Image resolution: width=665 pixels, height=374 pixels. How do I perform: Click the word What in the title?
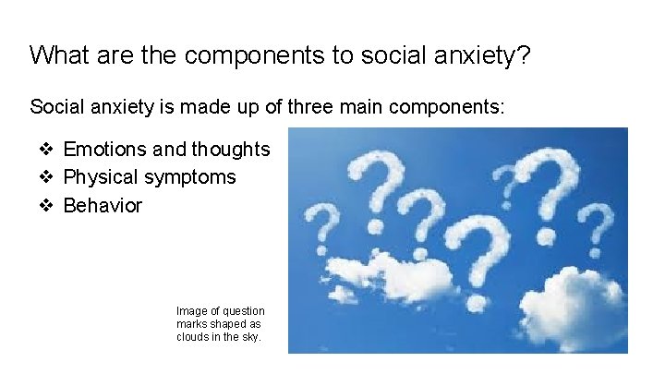click(x=58, y=54)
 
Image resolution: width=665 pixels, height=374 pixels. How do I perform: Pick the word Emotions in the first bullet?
click(x=104, y=149)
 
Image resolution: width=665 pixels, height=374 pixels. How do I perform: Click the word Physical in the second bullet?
click(x=98, y=176)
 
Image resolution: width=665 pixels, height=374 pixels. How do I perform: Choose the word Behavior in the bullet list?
click(x=103, y=205)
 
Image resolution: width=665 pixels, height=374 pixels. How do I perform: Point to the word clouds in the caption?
click(x=194, y=337)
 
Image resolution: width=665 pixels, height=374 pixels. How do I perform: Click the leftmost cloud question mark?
click(x=322, y=226)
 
